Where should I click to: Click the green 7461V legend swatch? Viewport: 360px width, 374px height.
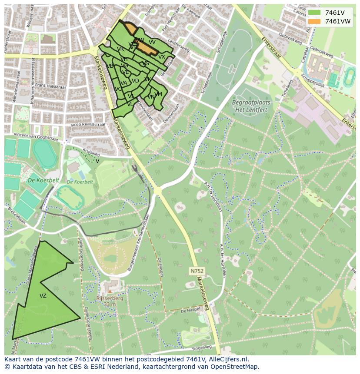[314, 13]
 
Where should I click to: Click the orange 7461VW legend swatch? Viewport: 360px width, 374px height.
[314, 21]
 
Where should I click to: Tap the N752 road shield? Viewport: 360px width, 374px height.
[197, 271]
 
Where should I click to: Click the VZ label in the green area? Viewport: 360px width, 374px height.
[43, 296]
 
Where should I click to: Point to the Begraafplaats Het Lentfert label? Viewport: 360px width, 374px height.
[251, 106]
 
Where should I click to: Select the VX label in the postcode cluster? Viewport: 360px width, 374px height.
[161, 57]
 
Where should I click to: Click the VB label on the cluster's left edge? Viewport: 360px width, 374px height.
[109, 66]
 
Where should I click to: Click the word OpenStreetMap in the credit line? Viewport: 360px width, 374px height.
[236, 367]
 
